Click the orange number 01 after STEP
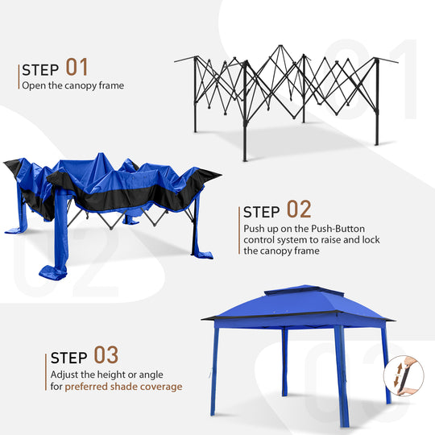[77, 66]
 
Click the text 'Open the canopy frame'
[72, 85]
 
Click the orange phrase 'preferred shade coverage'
[123, 387]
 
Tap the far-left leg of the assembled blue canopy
[214, 371]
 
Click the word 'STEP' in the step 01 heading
[40, 68]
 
